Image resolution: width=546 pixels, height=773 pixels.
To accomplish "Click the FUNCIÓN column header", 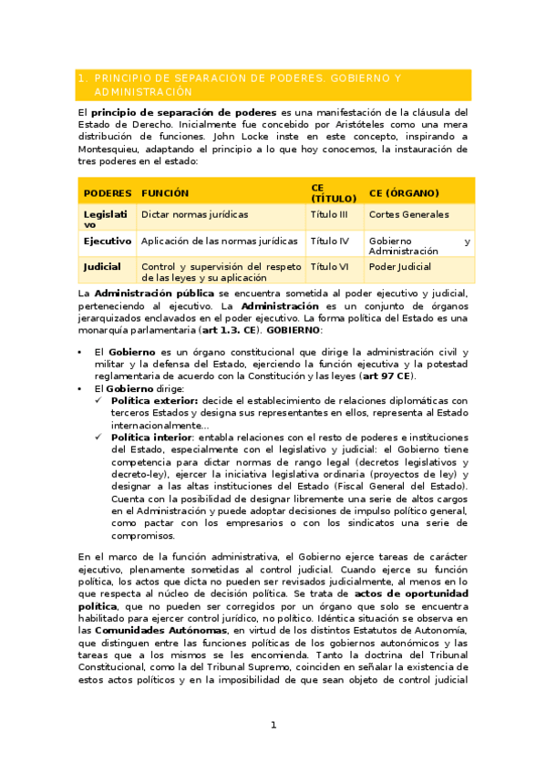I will (x=165, y=193).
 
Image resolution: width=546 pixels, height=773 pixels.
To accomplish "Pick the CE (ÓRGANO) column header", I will (x=404, y=193).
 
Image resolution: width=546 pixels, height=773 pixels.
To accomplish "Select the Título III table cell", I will (x=330, y=214).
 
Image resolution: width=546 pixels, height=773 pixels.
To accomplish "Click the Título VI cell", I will (x=330, y=267).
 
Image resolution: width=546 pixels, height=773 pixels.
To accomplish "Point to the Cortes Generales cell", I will (x=408, y=214).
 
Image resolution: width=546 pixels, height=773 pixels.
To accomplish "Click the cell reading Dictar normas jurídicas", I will (x=194, y=214).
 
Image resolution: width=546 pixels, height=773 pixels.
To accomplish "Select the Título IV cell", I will (x=330, y=241).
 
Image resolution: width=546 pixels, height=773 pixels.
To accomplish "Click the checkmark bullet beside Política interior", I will (x=100, y=438).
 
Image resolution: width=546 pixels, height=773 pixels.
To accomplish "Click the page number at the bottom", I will (x=273, y=725).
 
